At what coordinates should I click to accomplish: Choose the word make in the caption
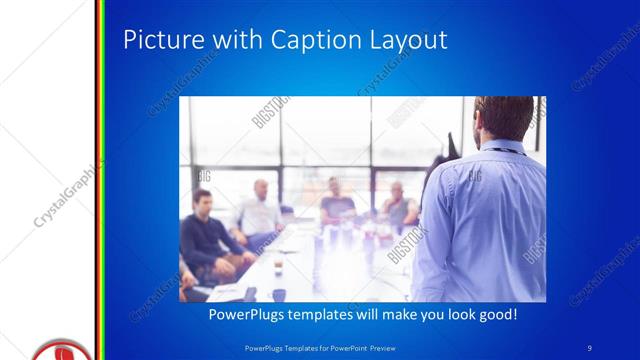click(385, 315)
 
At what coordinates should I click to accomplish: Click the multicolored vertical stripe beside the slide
click(100, 180)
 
